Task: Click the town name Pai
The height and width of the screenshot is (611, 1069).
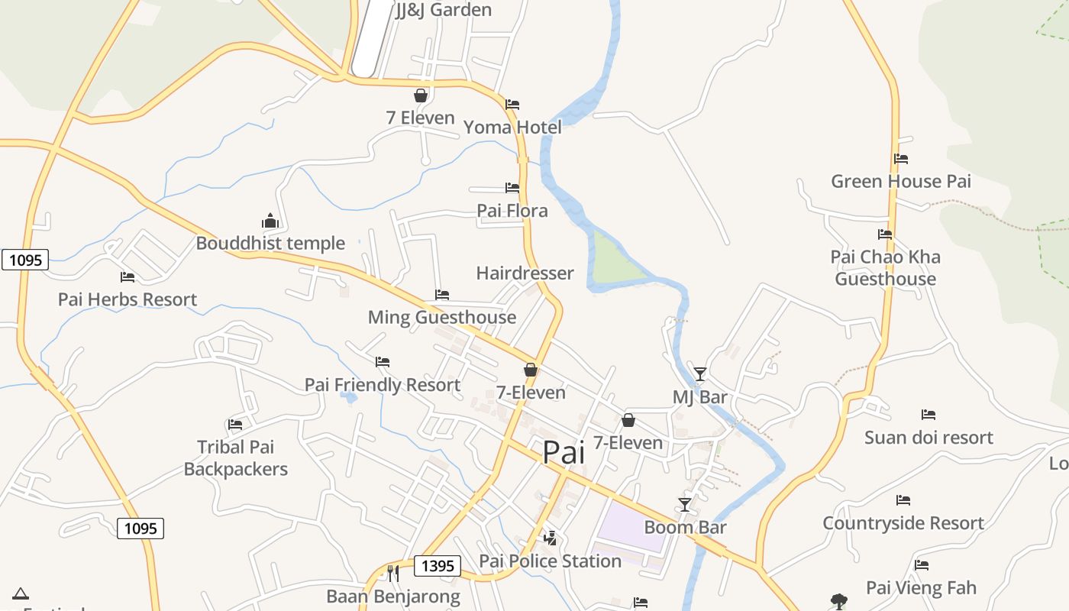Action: pyautogui.click(x=564, y=452)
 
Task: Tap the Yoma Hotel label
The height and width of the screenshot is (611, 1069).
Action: pyautogui.click(x=512, y=128)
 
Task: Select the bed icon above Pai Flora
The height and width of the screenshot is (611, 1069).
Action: pyautogui.click(x=512, y=188)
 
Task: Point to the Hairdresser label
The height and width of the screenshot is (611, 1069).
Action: pyautogui.click(x=525, y=273)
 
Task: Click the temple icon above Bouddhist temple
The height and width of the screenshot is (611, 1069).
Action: pyautogui.click(x=270, y=221)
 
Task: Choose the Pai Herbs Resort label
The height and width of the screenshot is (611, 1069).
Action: pyautogui.click(x=128, y=299)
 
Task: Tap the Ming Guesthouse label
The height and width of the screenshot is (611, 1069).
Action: pyautogui.click(x=442, y=317)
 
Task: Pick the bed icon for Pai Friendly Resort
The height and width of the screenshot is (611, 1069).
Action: pyautogui.click(x=383, y=362)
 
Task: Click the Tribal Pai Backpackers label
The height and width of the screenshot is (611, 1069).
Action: pyautogui.click(x=235, y=457)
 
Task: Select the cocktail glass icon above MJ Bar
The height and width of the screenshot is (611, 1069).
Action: pyautogui.click(x=699, y=374)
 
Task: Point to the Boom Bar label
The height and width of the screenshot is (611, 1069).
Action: pyautogui.click(x=685, y=527)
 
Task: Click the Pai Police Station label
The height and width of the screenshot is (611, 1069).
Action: pyautogui.click(x=550, y=561)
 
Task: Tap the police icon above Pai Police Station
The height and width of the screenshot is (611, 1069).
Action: pyautogui.click(x=550, y=538)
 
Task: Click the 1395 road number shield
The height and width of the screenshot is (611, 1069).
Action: pyautogui.click(x=438, y=566)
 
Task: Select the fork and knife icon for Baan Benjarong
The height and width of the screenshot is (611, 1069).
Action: pyautogui.click(x=393, y=573)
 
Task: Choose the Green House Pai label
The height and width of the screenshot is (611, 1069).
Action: pyautogui.click(x=901, y=182)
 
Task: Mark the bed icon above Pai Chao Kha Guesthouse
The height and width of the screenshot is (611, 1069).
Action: pyautogui.click(x=885, y=234)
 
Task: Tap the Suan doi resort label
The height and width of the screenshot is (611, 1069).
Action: pyautogui.click(x=929, y=438)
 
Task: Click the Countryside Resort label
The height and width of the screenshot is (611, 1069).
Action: pyautogui.click(x=903, y=523)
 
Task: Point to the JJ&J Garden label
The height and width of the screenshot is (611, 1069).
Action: pyautogui.click(x=444, y=10)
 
